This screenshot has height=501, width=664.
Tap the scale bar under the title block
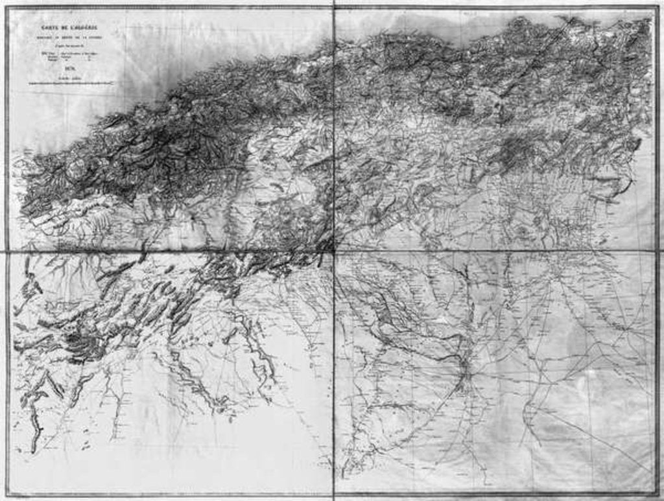point(71,83)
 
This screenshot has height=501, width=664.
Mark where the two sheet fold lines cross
point(334,250)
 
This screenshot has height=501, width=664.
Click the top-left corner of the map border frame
point(8,8)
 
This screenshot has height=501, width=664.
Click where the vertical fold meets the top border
point(334,8)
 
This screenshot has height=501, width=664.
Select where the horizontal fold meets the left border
point(8,250)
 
